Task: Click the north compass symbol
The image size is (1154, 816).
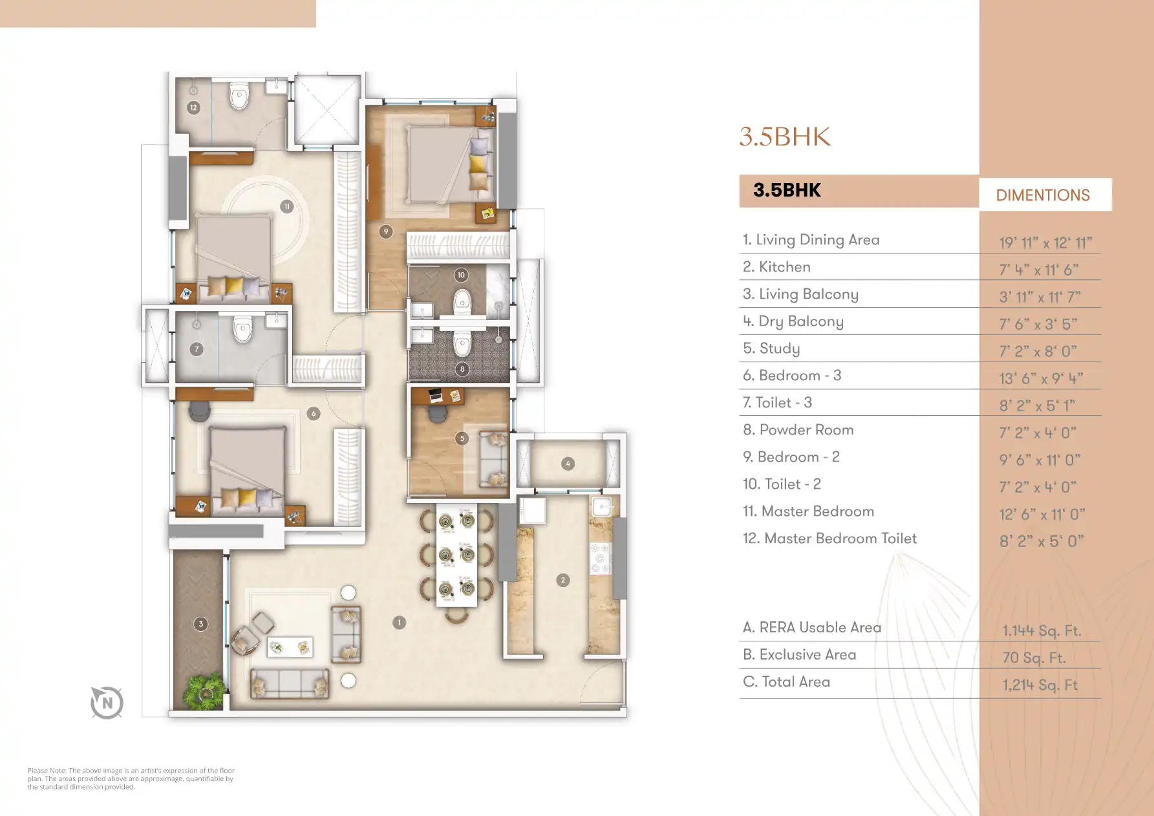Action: [x=107, y=703]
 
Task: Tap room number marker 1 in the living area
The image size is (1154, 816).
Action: [x=400, y=623]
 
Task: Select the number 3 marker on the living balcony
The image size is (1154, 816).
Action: [x=201, y=624]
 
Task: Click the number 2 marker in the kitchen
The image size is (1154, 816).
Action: [x=563, y=580]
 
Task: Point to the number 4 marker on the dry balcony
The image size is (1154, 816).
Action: [x=568, y=464]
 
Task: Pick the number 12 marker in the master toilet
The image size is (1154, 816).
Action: [x=193, y=108]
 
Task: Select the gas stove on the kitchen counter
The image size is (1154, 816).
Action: [x=601, y=557]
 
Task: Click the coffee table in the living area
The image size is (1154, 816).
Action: [x=290, y=647]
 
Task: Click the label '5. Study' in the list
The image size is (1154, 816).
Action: [x=771, y=349]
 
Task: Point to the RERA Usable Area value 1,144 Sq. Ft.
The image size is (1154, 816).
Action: [x=1042, y=630]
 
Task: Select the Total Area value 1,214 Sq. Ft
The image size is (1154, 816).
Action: [x=1040, y=685]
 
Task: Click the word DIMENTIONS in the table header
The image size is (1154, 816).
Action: [x=1043, y=195]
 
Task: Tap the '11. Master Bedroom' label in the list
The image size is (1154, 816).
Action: [x=808, y=511]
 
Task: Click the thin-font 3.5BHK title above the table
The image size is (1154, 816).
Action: [x=785, y=136]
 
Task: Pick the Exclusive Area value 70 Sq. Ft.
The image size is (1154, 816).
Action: [x=1034, y=658]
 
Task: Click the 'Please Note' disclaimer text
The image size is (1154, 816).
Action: [x=131, y=778]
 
